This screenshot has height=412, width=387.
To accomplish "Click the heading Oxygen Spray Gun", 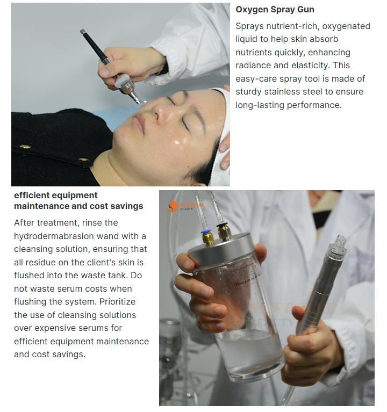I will tap(275, 10).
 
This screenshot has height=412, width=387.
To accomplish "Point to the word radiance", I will tap(254, 66).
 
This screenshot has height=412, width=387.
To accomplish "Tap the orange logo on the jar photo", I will tap(173, 207).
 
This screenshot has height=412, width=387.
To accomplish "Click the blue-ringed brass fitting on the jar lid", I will tap(206, 236).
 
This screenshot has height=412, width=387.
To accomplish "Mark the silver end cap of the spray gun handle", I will tap(83, 32).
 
